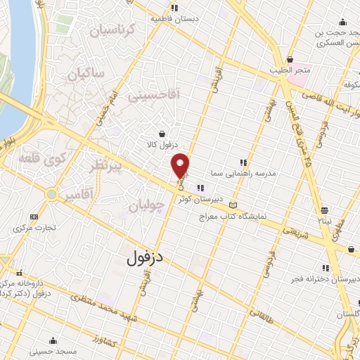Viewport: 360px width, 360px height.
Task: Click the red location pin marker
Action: coord(181,165)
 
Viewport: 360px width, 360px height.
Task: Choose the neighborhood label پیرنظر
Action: coord(107,166)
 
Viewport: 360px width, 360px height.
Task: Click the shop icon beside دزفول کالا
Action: coord(162,134)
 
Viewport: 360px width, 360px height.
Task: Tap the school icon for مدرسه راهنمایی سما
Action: coord(243,162)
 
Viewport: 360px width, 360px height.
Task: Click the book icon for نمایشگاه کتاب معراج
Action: coord(234,205)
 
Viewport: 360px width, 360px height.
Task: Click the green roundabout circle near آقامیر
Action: coord(51,194)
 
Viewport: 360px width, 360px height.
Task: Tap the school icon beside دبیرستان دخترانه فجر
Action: coord(325,268)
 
